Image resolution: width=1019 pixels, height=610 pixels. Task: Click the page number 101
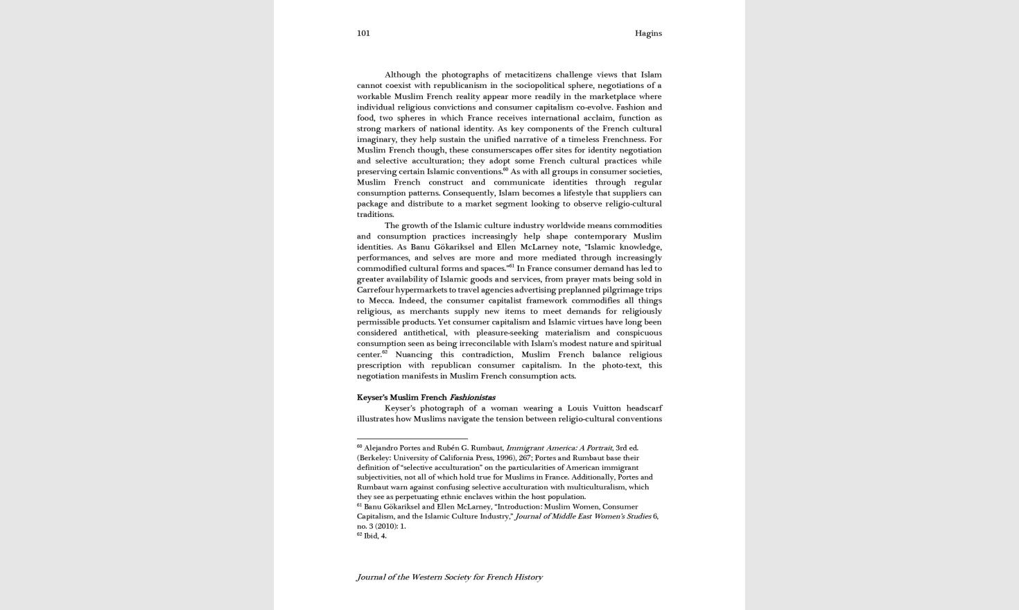tap(363, 33)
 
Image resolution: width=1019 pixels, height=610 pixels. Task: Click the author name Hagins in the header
tap(648, 33)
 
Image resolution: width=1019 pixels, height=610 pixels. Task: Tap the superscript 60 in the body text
tap(505, 169)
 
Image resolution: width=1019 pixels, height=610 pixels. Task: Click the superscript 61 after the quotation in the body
tap(512, 266)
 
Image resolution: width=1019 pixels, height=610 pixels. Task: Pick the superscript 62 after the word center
tap(385, 352)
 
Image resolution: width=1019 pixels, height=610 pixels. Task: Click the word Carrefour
tap(375, 290)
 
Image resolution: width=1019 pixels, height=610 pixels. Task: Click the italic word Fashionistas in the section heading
tap(472, 398)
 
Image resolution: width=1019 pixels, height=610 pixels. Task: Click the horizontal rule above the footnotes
tap(412, 439)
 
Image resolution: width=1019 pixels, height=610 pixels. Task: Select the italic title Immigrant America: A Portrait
tap(559, 448)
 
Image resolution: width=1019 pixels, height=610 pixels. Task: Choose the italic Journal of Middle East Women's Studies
tap(583, 516)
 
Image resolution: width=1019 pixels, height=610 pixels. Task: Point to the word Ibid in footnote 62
tap(371, 536)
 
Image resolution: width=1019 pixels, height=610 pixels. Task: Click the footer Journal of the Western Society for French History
tap(449, 577)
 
